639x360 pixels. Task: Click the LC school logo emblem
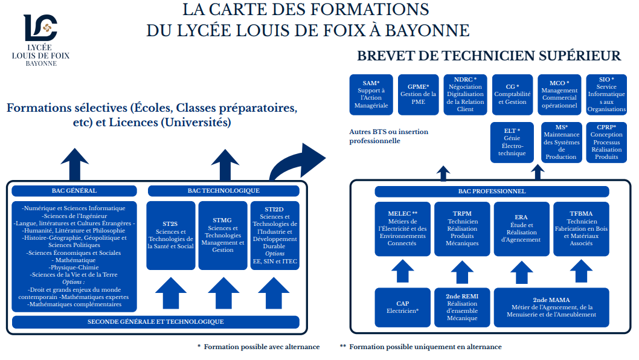click(x=40, y=27)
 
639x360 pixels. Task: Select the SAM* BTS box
click(x=371, y=94)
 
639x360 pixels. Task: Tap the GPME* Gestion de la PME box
click(x=418, y=94)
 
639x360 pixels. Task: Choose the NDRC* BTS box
click(x=465, y=94)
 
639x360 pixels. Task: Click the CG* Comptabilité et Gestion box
click(x=512, y=94)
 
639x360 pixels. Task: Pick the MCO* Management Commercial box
click(x=559, y=94)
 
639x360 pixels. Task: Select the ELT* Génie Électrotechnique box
click(x=512, y=142)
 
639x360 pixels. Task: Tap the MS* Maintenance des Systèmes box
click(x=561, y=142)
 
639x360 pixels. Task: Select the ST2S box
click(x=170, y=236)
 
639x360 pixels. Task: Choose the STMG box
click(x=222, y=236)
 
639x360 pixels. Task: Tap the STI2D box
click(x=275, y=236)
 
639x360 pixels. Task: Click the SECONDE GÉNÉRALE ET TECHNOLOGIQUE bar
click(x=155, y=322)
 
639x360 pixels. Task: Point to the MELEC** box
click(x=402, y=229)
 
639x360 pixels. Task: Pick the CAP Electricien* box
click(x=402, y=307)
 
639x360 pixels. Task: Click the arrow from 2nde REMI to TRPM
click(x=462, y=272)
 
